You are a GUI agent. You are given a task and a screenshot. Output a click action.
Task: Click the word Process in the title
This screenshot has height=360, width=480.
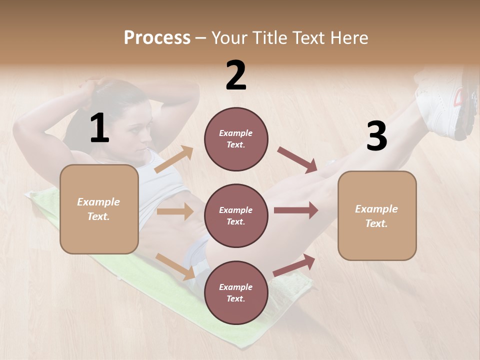click(157, 37)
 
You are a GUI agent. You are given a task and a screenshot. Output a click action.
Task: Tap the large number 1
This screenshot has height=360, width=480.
click(99, 128)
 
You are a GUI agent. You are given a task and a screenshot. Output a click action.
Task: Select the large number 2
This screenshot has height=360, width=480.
click(236, 75)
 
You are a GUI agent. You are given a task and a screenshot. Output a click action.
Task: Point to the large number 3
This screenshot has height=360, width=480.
click(376, 136)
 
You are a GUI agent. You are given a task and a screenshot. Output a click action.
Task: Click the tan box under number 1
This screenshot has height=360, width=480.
click(99, 209)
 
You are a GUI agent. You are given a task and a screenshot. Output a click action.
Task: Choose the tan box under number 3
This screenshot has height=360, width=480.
click(377, 215)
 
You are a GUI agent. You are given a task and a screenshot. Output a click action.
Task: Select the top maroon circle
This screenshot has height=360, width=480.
click(236, 139)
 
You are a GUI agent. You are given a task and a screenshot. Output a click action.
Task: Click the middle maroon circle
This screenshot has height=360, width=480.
click(236, 215)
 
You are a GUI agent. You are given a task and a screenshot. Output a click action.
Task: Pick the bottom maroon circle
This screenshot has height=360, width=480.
click(236, 292)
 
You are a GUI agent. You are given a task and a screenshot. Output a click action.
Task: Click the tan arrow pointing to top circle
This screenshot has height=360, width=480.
click(174, 159)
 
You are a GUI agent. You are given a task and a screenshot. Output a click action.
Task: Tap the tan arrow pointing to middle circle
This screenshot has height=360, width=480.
click(174, 211)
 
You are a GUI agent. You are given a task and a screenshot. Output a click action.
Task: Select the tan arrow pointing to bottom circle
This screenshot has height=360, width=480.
click(175, 266)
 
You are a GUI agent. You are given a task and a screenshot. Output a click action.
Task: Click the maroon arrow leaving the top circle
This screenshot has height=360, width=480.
click(297, 159)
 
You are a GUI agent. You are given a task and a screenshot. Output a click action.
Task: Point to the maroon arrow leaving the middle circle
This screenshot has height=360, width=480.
click(295, 210)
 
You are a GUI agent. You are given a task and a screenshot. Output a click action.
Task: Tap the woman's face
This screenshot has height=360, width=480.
click(137, 131)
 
